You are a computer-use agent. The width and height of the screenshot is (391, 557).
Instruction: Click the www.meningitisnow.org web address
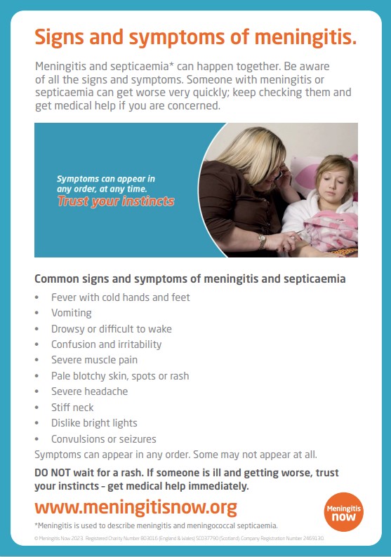(135, 507)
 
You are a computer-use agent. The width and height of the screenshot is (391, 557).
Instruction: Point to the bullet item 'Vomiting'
(71, 313)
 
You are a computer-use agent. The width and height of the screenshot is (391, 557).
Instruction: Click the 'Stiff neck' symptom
(72, 408)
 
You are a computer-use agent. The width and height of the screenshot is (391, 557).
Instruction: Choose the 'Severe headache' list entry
(89, 391)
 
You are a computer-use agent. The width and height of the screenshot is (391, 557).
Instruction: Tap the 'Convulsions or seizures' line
(103, 439)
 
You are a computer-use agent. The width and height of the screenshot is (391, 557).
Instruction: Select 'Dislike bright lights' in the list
(94, 423)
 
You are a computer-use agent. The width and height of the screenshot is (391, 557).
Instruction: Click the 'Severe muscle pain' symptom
(94, 360)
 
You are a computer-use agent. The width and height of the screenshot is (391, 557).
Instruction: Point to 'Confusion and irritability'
(106, 344)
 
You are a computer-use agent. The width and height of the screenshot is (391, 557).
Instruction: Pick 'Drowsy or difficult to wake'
(111, 328)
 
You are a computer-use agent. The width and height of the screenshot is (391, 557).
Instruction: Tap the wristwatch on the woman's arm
(262, 241)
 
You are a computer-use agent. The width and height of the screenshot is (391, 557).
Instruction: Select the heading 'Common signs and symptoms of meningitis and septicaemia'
(190, 278)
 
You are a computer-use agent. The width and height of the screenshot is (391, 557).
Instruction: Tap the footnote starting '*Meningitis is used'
(156, 525)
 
